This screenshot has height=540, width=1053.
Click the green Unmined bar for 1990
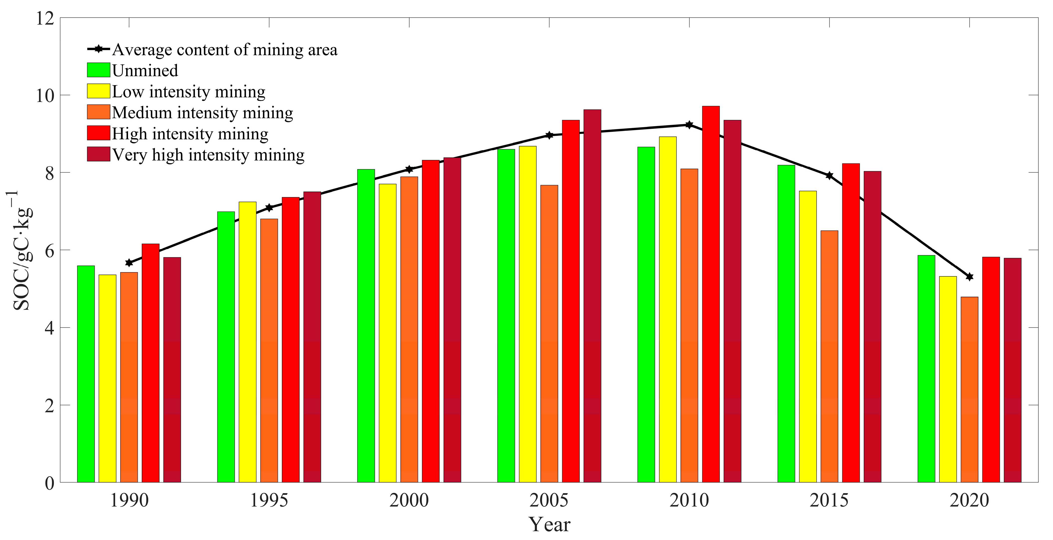[x=86, y=374]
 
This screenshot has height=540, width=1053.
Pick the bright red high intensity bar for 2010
[x=711, y=294]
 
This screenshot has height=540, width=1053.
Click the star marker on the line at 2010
[x=689, y=125]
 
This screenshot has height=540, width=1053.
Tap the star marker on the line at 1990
[x=129, y=263]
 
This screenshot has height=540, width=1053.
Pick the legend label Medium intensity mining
[x=202, y=113]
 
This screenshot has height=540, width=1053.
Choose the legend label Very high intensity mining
[x=208, y=155]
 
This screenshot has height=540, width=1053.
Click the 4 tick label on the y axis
[x=49, y=328]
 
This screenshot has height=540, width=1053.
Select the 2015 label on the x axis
[x=829, y=500]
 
